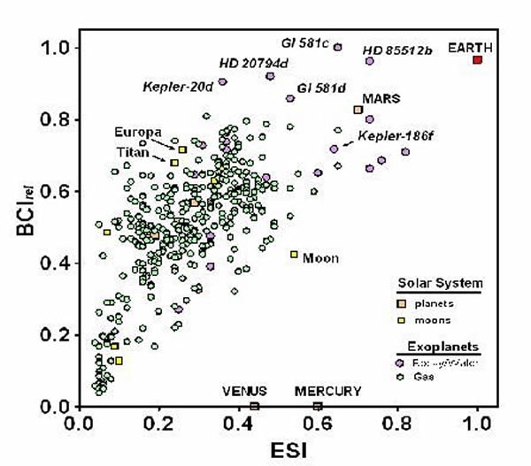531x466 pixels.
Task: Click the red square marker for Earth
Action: [477, 59]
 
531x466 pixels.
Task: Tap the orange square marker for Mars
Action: [358, 110]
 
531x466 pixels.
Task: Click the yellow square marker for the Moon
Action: [294, 255]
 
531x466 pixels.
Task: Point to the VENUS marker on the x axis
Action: [255, 406]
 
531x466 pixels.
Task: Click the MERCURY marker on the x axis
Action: [318, 406]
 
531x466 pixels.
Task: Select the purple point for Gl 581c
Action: [337, 47]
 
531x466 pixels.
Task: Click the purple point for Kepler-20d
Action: [223, 81]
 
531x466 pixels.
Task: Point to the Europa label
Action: [136, 132]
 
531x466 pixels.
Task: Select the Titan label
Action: [131, 151]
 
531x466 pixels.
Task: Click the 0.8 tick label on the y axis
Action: [61, 119]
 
